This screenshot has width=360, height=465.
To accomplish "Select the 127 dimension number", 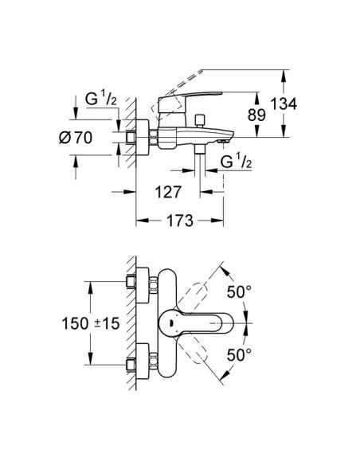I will tap(163, 192).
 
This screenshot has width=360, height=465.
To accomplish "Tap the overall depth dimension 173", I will tap(180, 222).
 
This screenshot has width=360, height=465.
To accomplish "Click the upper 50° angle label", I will tap(241, 291).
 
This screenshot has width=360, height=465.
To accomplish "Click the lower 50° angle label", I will tap(241, 352).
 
